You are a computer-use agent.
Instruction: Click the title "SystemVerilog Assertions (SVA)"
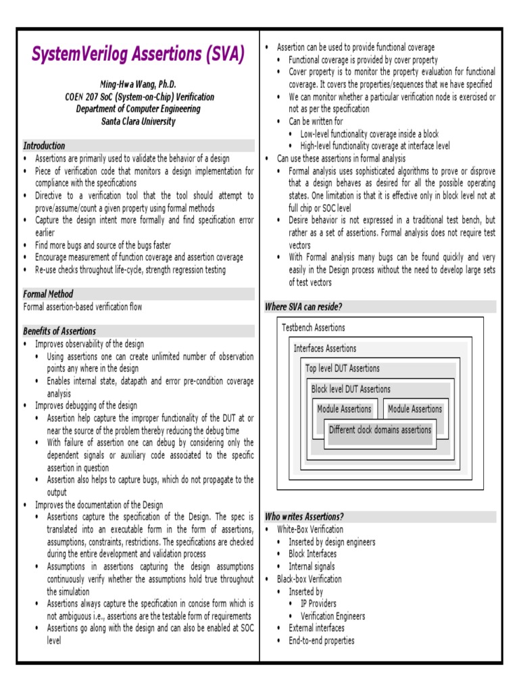[x=138, y=55]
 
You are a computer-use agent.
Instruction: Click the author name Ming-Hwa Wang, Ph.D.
[x=138, y=84]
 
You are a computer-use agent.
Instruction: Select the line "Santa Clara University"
[x=138, y=122]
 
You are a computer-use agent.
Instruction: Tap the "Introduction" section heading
[x=45, y=146]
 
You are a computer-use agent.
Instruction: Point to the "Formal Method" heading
[x=48, y=294]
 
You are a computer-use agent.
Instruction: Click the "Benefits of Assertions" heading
[x=59, y=331]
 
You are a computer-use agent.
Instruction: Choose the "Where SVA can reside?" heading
[x=303, y=307]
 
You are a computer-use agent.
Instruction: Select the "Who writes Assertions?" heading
[x=304, y=517]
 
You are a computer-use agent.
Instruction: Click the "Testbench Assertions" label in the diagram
[x=313, y=328]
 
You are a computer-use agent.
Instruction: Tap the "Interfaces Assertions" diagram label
[x=325, y=349]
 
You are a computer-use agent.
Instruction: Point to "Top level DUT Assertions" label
[x=343, y=369]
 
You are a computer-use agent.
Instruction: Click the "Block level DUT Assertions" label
[x=351, y=389]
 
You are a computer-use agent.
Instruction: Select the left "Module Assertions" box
[x=344, y=410]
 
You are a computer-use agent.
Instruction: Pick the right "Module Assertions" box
[x=415, y=410]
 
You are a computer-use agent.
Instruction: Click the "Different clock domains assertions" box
[x=380, y=430]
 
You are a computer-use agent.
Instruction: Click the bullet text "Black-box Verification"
[x=310, y=579]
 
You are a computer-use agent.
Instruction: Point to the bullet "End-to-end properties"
[x=322, y=641]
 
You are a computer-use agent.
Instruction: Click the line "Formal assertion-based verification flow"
[x=82, y=307]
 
